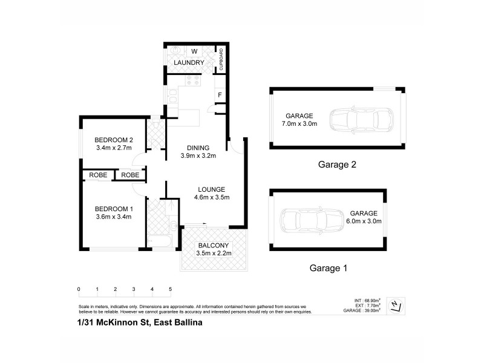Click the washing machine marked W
(x=195, y=51)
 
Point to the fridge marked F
(x=220, y=95)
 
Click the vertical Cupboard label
(x=221, y=59)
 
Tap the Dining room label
(x=198, y=147)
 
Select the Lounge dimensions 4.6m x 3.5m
(x=211, y=197)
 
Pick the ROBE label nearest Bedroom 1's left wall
(x=98, y=175)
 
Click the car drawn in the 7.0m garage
(x=362, y=120)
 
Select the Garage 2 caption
(x=336, y=164)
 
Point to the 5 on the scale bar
(x=171, y=289)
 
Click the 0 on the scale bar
(x=79, y=289)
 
